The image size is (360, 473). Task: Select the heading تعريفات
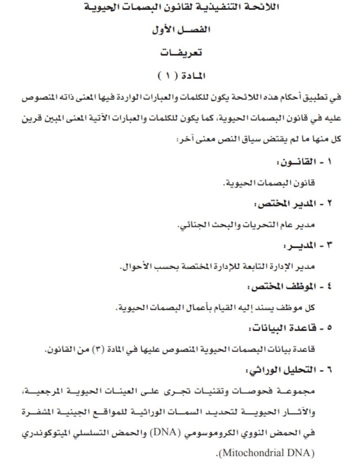[x=181, y=53]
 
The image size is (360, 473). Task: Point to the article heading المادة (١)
[x=182, y=75]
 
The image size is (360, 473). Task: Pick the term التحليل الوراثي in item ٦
[x=277, y=370]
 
